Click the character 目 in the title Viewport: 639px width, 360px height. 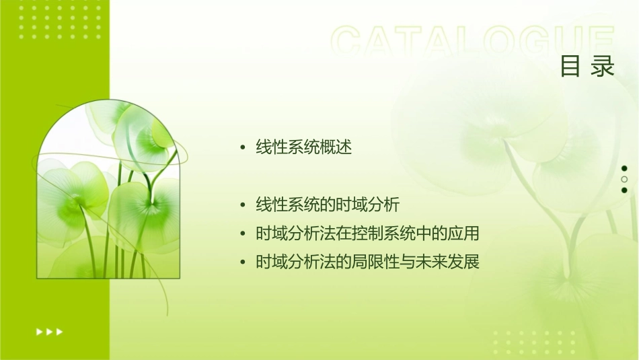point(570,67)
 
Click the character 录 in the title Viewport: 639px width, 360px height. point(603,67)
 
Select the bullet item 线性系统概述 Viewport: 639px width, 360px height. point(303,147)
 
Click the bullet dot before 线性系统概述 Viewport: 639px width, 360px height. point(243,148)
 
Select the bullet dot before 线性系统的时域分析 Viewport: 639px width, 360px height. point(243,205)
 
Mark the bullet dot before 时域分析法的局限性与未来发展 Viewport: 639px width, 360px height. point(243,262)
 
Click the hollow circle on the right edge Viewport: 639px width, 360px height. point(624,180)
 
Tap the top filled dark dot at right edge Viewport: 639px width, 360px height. point(624,168)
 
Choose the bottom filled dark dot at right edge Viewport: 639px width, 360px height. point(624,190)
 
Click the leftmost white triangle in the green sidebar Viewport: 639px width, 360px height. point(38,332)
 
